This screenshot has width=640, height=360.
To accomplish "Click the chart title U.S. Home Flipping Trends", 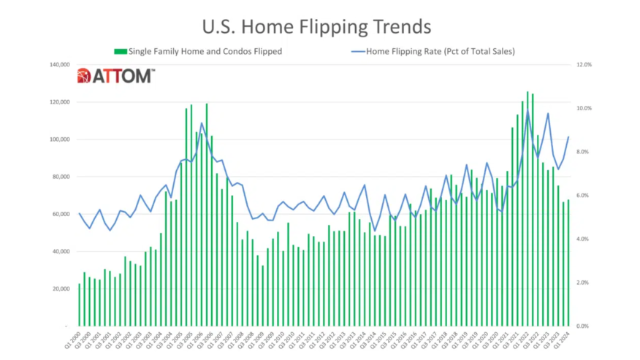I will (x=316, y=26).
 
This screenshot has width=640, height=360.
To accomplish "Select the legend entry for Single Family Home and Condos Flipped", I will (x=197, y=51).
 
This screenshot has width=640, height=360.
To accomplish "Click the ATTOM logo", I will (x=115, y=75).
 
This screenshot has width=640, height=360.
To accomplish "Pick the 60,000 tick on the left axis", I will (x=58, y=214).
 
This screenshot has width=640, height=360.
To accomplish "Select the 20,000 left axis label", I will (x=58, y=289).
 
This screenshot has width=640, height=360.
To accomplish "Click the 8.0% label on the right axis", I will (x=582, y=152).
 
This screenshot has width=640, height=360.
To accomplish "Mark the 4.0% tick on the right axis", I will (x=582, y=240).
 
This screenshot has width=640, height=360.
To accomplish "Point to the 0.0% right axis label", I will (x=582, y=326).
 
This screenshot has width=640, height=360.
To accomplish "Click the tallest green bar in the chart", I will (x=527, y=209).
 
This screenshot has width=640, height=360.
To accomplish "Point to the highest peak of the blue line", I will (x=527, y=111).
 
